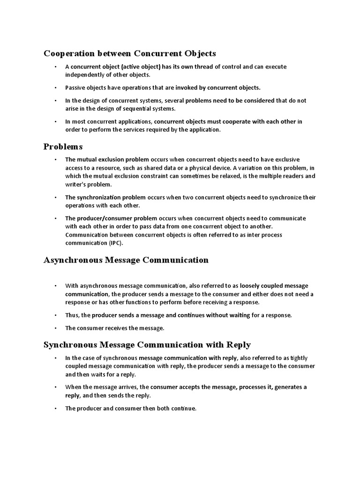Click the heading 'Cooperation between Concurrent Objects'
[x=130, y=53]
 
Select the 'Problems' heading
[x=63, y=147]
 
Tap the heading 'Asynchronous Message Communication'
[x=126, y=260]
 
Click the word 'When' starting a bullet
[x=74, y=387]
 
